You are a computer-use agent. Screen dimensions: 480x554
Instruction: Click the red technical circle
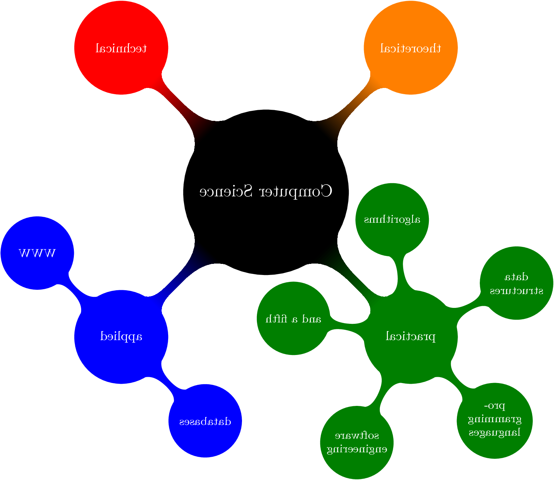coord(121,47)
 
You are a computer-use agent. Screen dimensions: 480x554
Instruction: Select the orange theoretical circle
coord(410,47)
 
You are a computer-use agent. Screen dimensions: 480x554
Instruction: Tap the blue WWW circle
coord(37,253)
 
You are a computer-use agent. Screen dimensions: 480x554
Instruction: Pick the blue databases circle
coord(205,421)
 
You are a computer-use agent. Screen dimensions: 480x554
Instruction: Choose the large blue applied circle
coord(121,337)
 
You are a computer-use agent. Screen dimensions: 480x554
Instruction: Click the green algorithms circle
coord(392,219)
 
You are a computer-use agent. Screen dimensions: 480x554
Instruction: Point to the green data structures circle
coord(516,283)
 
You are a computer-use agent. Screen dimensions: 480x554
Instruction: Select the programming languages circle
coord(495,420)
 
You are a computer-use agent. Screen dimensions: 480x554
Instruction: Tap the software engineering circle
coord(357,442)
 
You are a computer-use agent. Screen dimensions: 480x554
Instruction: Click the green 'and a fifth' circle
coord(293,318)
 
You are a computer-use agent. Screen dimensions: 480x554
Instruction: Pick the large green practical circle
coord(410,337)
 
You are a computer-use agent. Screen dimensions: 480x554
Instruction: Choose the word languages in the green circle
coord(495,433)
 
